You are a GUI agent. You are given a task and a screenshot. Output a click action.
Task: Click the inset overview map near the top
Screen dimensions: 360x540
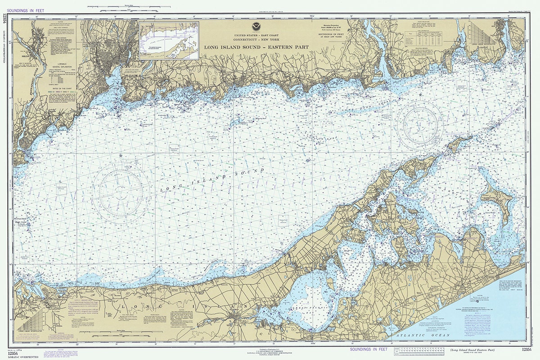169,40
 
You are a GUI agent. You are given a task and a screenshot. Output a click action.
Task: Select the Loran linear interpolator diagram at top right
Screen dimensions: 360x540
483,33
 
